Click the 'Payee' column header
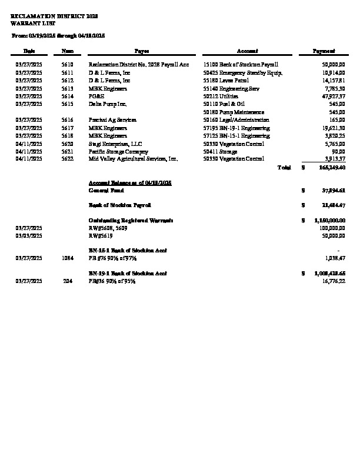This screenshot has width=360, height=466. coord(142,52)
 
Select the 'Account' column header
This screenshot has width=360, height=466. coord(243,52)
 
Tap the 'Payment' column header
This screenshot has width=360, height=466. coord(324,52)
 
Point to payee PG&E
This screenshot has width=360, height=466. coord(95,96)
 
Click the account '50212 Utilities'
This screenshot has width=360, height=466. coord(220,96)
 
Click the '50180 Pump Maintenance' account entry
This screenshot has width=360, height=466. coord(233,112)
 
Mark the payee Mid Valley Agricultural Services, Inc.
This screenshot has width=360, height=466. coord(133,159)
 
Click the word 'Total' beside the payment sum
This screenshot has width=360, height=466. coord(284,168)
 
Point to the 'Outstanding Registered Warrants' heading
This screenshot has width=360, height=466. coord(131,220)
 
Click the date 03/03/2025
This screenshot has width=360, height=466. coord(29,235)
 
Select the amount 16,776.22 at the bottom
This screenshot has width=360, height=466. coord(334,281)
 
